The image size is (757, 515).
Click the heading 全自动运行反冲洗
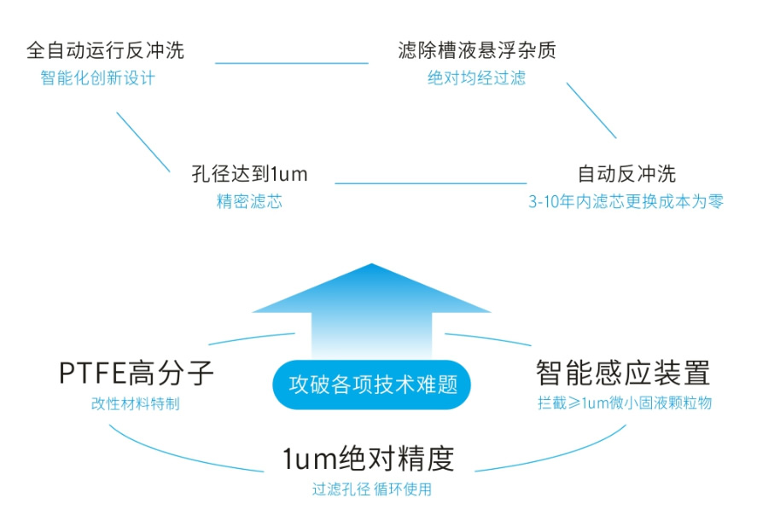point(105,50)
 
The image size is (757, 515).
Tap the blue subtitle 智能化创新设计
point(98,78)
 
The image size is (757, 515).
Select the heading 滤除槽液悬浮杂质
point(477,50)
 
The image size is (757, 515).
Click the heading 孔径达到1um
point(249,175)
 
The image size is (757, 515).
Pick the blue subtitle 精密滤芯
point(249,202)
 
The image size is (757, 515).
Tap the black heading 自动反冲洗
point(626,175)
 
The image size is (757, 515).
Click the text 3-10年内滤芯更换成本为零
point(626,202)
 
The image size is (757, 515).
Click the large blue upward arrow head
point(372,290)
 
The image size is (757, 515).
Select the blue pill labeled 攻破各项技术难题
point(373,384)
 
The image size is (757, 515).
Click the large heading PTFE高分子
point(136,373)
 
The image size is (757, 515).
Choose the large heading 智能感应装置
point(623,373)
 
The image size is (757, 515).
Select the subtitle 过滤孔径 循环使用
point(372,489)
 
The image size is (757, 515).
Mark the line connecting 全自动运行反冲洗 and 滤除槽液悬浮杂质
point(291,63)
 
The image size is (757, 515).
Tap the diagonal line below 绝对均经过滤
point(591,110)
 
